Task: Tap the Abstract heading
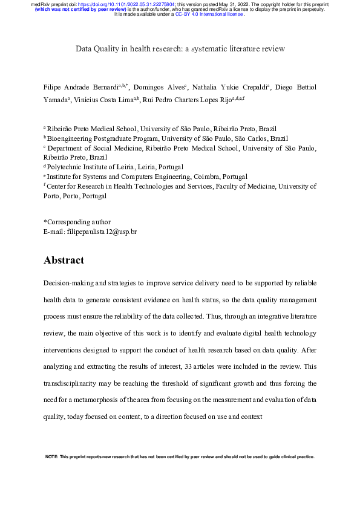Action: pos(64,261)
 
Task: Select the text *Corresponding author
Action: pos(77,222)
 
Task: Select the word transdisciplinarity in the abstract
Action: pos(75,383)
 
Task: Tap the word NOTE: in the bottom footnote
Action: pos(52,456)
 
